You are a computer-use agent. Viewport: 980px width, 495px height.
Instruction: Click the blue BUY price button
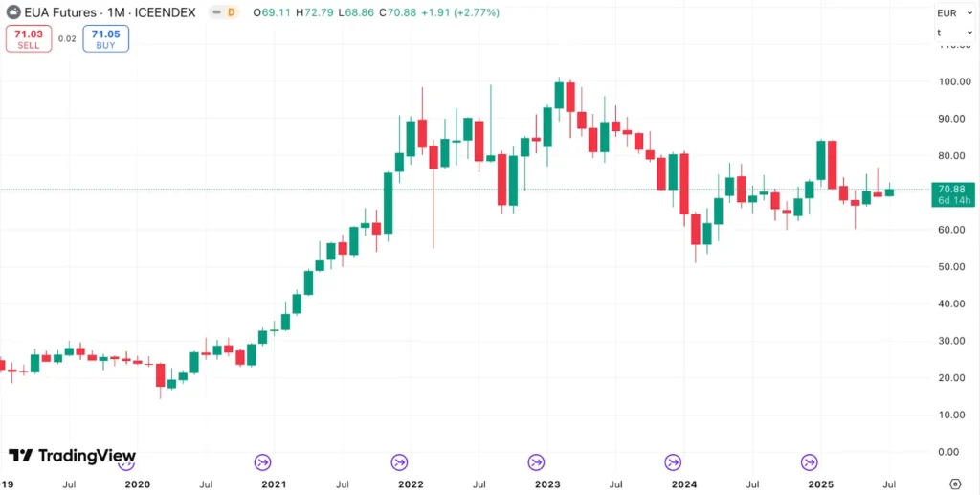click(x=105, y=38)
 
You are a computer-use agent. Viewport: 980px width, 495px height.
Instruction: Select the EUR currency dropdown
click(x=947, y=12)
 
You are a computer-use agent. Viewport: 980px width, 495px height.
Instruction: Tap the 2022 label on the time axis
click(x=411, y=484)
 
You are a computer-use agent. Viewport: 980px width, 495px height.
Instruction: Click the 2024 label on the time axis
click(x=683, y=484)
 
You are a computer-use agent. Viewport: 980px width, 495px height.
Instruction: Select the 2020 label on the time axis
click(x=138, y=484)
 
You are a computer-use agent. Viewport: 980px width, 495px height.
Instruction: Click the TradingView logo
click(x=72, y=456)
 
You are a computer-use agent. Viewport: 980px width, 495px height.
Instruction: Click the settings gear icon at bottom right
click(x=955, y=484)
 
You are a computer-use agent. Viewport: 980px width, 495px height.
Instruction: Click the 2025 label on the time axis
click(x=820, y=484)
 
